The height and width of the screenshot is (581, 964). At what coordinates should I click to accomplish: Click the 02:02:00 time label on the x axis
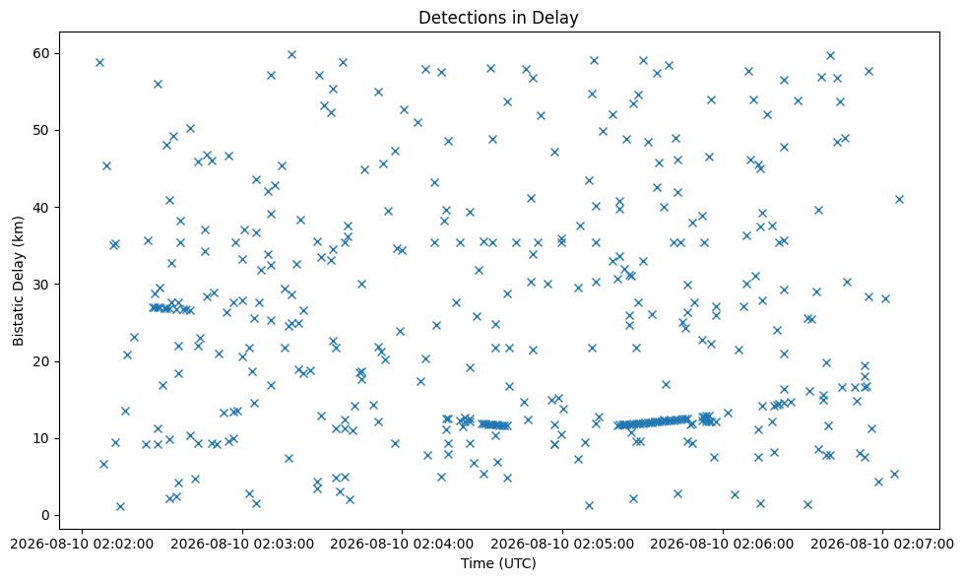(x=82, y=545)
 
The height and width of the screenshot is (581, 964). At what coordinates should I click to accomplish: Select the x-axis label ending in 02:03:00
(x=242, y=545)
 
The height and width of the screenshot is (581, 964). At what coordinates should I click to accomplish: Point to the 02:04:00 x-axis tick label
(x=402, y=545)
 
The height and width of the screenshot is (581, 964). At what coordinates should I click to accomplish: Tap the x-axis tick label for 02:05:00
(x=562, y=545)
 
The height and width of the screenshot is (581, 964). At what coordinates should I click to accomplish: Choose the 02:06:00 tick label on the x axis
(x=723, y=545)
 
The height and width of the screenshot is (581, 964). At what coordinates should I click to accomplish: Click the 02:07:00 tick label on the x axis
(x=882, y=545)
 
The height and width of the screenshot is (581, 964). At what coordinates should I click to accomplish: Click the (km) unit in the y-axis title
(x=18, y=229)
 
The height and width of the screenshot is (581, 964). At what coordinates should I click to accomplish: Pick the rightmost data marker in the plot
(x=899, y=199)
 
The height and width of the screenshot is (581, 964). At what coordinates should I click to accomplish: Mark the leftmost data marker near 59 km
(x=99, y=63)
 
